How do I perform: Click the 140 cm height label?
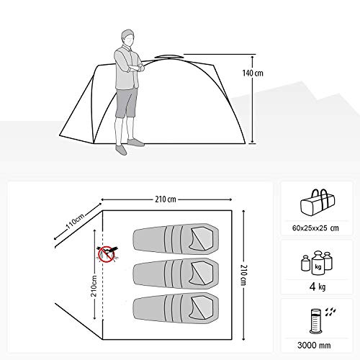(253, 73)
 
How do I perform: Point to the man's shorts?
(126, 103)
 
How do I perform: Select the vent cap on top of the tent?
(169, 57)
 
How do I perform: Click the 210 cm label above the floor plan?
(166, 199)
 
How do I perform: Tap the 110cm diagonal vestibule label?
(76, 221)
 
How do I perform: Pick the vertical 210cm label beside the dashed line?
(94, 286)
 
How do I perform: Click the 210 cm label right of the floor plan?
(243, 275)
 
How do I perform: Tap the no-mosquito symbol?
(106, 254)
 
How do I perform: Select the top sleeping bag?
(176, 239)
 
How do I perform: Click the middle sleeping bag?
(176, 274)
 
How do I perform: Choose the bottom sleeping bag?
(176, 309)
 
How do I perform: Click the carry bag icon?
(318, 202)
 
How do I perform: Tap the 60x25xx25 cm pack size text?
(315, 228)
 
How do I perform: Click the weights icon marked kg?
(317, 263)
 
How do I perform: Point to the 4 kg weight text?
(318, 287)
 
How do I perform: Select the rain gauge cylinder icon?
(315, 321)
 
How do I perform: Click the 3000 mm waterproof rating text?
(314, 346)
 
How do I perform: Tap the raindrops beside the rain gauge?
(330, 311)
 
